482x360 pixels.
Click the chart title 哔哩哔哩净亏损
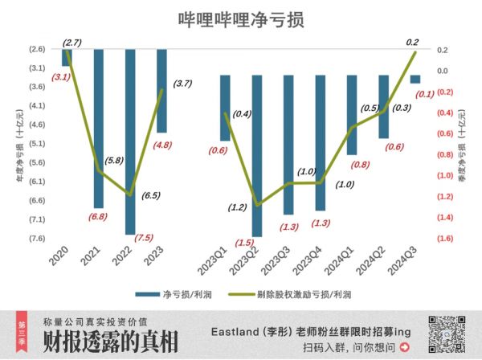(x=240, y=20)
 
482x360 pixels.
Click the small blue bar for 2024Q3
(x=415, y=79)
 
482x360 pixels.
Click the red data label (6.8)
(x=98, y=216)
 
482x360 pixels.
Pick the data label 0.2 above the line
(x=413, y=42)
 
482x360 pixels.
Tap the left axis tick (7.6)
(x=36, y=238)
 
